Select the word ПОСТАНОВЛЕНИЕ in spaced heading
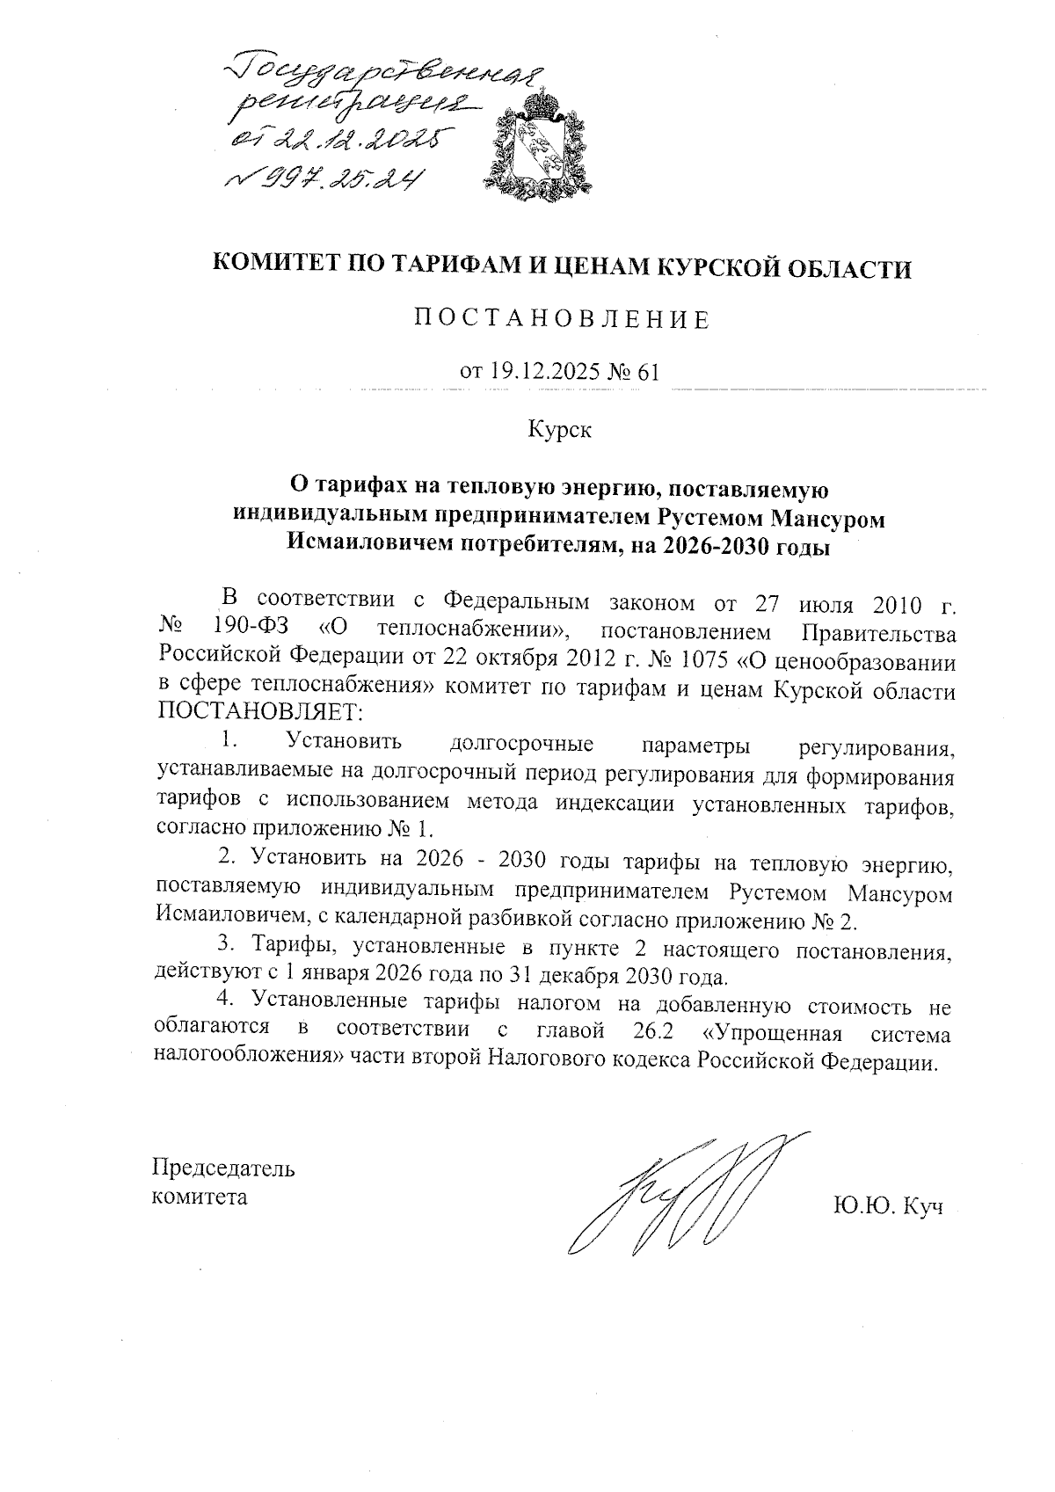click(x=561, y=320)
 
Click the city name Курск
click(x=560, y=431)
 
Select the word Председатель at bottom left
click(x=224, y=1168)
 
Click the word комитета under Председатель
click(x=201, y=1197)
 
